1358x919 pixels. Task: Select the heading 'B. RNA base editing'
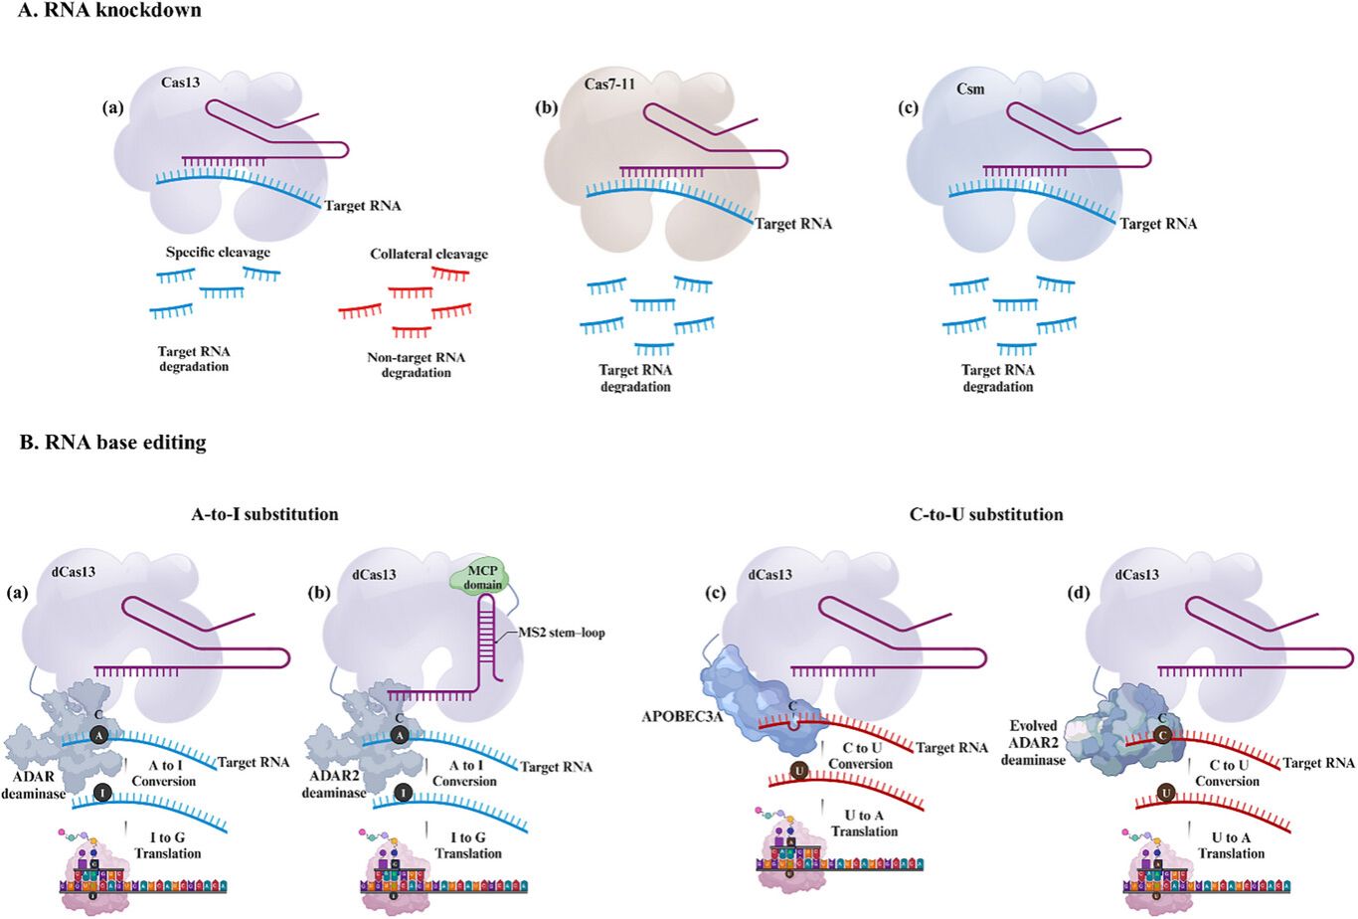tap(112, 443)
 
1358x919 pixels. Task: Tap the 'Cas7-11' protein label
tap(608, 85)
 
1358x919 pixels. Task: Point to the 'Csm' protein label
tap(970, 90)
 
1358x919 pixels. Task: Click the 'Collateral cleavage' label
tap(428, 255)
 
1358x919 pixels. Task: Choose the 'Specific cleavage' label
tap(218, 253)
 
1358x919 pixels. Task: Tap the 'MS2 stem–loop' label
tap(562, 633)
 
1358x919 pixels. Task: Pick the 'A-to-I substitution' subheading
tap(264, 514)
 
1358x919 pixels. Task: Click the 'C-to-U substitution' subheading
tap(986, 514)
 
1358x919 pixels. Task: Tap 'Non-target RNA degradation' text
tap(416, 365)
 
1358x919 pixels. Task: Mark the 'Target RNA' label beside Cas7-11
tap(792, 224)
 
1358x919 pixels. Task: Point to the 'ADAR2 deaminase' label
tap(334, 785)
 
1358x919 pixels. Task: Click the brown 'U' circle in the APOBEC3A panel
tap(798, 771)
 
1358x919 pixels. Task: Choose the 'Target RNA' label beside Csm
tap(1158, 224)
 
